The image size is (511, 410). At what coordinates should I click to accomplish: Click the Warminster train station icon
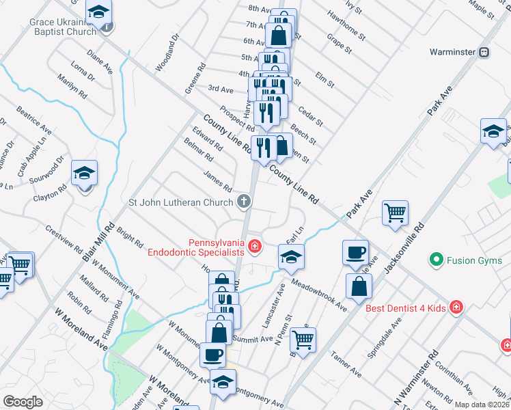point(484,52)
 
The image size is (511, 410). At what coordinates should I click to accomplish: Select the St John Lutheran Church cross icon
point(244,202)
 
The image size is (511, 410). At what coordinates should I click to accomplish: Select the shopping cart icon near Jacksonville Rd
point(395,213)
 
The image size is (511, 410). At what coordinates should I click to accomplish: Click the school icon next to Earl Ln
point(292,257)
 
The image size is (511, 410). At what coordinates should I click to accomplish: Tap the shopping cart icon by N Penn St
point(303,338)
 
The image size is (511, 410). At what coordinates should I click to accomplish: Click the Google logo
point(23,402)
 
